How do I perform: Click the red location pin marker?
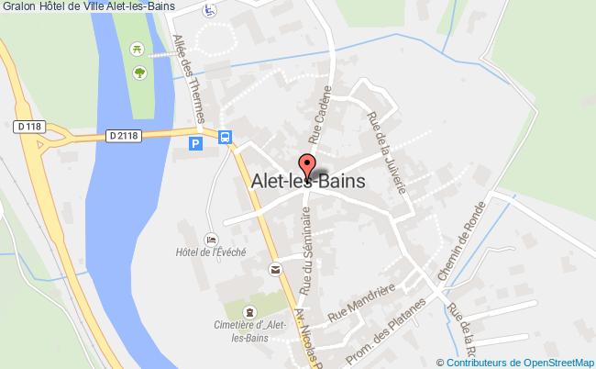pos(308,167)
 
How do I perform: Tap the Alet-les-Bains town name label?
pos(307,182)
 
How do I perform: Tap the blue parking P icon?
pos(194,143)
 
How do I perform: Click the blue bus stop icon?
pos(225,139)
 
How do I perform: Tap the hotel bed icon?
pos(211,239)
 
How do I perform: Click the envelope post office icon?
pos(275,269)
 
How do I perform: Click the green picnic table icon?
pos(137,48)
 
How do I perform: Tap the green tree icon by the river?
pos(140,72)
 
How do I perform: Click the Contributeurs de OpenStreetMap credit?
pos(519,362)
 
